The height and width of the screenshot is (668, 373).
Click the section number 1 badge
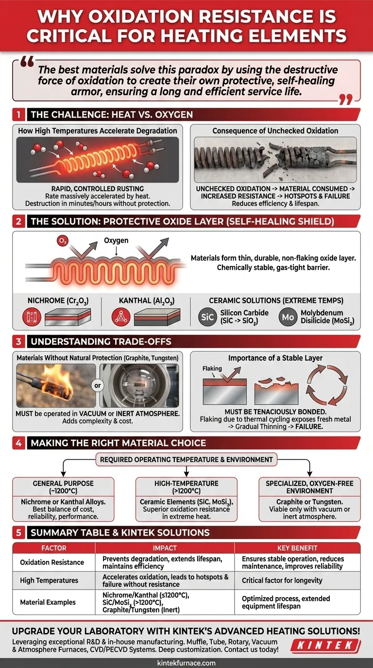pyautogui.click(x=19, y=115)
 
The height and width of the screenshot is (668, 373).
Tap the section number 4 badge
pyautogui.click(x=19, y=443)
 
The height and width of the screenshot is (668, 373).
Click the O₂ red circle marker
pyautogui.click(x=63, y=241)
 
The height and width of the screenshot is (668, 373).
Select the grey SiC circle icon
pyautogui.click(x=207, y=317)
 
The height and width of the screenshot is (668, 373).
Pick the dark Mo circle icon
pyautogui.click(x=288, y=317)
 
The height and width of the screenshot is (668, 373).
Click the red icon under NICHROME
pyautogui.click(x=32, y=317)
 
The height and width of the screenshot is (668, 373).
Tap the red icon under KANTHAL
pyautogui.click(x=121, y=317)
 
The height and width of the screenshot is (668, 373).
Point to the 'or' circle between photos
pyautogui.click(x=97, y=385)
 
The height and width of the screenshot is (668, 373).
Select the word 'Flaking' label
pyautogui.click(x=212, y=368)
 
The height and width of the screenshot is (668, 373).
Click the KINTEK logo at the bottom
pyautogui.click(x=325, y=646)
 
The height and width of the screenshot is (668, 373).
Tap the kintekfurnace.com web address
pyautogui.click(x=186, y=663)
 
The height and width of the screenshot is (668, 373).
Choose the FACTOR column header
pyautogui.click(x=54, y=548)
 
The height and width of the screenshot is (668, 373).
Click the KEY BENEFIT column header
pyautogui.click(x=297, y=548)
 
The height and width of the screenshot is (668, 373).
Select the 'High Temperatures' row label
pyautogui.click(x=49, y=580)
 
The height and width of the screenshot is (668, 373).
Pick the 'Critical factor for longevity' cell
pyautogui.click(x=282, y=580)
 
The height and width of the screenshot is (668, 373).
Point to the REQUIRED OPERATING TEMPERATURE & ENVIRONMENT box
pyautogui.click(x=186, y=460)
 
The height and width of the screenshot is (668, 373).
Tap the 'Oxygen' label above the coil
pyautogui.click(x=116, y=240)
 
